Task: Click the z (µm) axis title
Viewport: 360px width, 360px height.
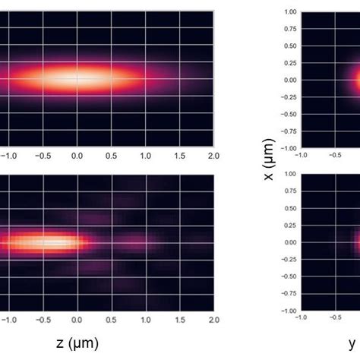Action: pyautogui.click(x=77, y=343)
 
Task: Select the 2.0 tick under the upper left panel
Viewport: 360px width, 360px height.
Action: pyautogui.click(x=213, y=156)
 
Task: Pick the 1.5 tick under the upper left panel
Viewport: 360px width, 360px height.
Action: pyautogui.click(x=179, y=156)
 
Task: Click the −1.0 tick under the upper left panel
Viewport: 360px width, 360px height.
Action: pyautogui.click(x=8, y=156)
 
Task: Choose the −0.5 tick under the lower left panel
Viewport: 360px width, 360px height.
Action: pyautogui.click(x=42, y=320)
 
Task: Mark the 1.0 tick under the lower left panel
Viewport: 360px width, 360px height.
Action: pyautogui.click(x=145, y=320)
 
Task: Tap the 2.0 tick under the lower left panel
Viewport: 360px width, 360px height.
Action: pyautogui.click(x=213, y=320)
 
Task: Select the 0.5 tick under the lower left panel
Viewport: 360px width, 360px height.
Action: pyautogui.click(x=111, y=320)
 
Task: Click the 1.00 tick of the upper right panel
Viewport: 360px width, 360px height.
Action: pyautogui.click(x=289, y=11)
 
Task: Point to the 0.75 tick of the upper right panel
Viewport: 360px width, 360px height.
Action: pyautogui.click(x=289, y=29)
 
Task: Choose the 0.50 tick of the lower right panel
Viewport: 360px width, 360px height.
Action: pyautogui.click(x=289, y=208)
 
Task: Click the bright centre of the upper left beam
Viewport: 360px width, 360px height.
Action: pyautogui.click(x=76, y=77)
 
